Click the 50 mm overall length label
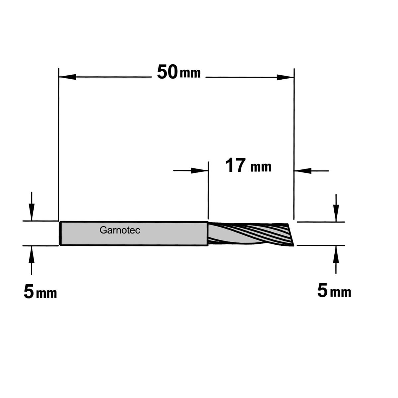click(179, 72)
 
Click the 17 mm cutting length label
click(248, 166)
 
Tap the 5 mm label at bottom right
click(334, 291)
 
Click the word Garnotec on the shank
click(120, 230)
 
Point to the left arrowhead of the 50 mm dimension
click(67, 77)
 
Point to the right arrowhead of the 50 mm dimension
click(285, 78)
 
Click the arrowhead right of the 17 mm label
click(302, 171)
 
